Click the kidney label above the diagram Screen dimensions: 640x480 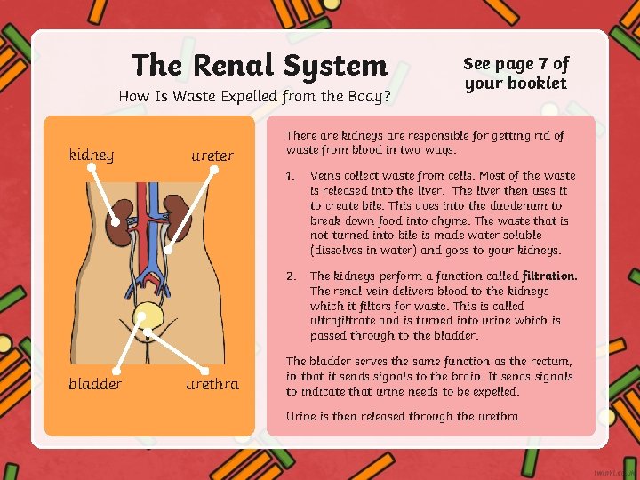click(91, 156)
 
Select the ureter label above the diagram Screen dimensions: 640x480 click(212, 156)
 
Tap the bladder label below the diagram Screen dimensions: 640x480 click(95, 384)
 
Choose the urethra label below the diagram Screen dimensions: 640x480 click(212, 384)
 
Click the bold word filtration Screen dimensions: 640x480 click(549, 276)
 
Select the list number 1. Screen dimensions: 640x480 click(290, 175)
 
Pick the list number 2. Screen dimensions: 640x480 click(290, 276)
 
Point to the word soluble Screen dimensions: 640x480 click(521, 236)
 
